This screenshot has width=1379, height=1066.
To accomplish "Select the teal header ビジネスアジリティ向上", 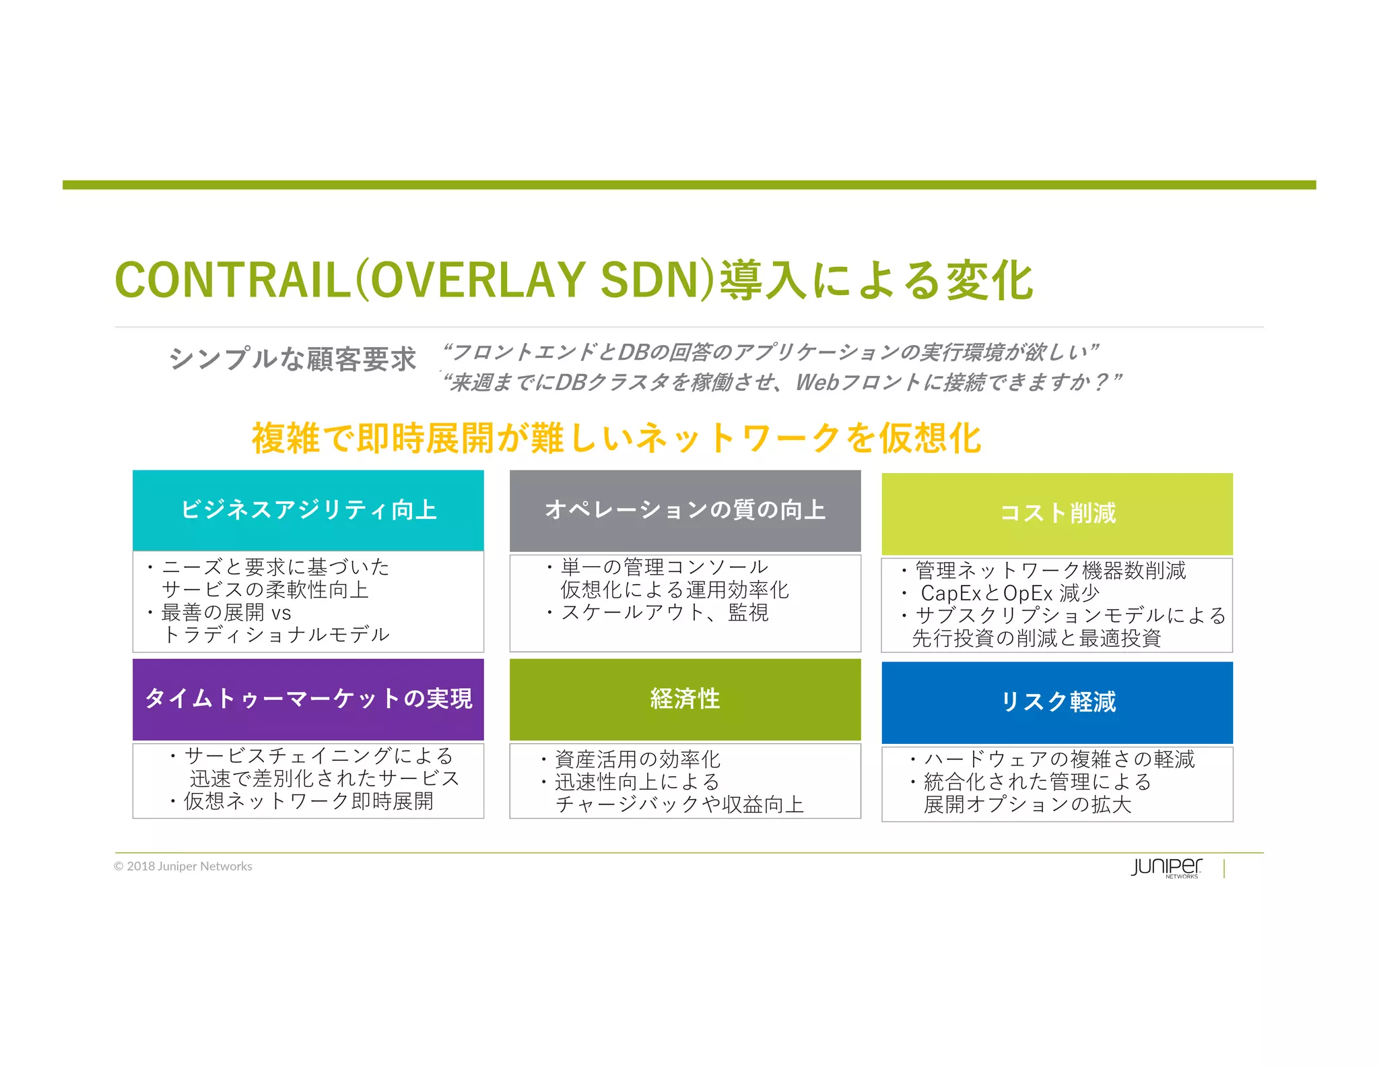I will (308, 510).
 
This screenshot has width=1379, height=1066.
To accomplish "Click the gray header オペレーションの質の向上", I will (685, 510).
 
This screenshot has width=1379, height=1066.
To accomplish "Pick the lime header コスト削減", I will (1057, 513).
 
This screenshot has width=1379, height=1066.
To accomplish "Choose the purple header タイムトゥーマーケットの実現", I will (308, 699).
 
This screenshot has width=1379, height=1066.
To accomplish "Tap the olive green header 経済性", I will (685, 699).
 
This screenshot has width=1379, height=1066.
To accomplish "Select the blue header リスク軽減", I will (1057, 702).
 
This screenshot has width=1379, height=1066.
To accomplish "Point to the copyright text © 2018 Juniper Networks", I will (183, 867).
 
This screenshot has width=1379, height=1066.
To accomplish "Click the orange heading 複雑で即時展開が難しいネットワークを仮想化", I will (616, 438).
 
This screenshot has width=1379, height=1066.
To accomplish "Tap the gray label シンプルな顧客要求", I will (292, 358).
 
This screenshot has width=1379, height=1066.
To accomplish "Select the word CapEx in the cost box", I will (950, 594).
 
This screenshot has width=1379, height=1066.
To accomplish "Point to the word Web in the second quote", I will (817, 383).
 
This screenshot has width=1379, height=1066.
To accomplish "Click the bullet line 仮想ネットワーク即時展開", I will (308, 801).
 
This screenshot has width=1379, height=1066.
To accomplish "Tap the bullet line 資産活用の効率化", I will (637, 759).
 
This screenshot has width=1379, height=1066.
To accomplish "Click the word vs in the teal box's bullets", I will (281, 613).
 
